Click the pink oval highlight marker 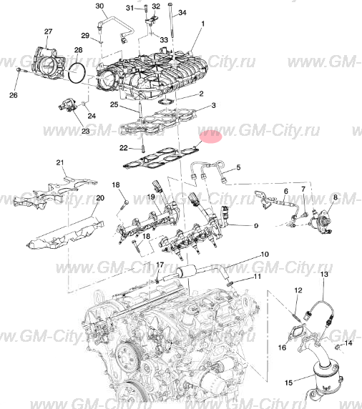tap(211, 137)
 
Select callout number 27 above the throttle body tap(48, 32)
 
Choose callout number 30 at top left tap(99, 6)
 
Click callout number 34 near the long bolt tap(182, 13)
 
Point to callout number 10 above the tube tap(263, 254)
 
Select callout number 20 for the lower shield tap(100, 198)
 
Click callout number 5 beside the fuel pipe tap(239, 167)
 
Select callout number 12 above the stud tap(298, 290)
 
